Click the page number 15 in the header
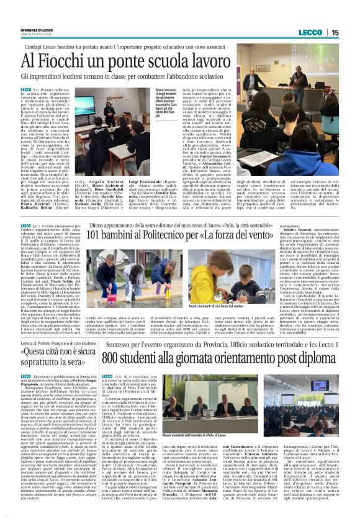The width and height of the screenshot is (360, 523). click(352, 32)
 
